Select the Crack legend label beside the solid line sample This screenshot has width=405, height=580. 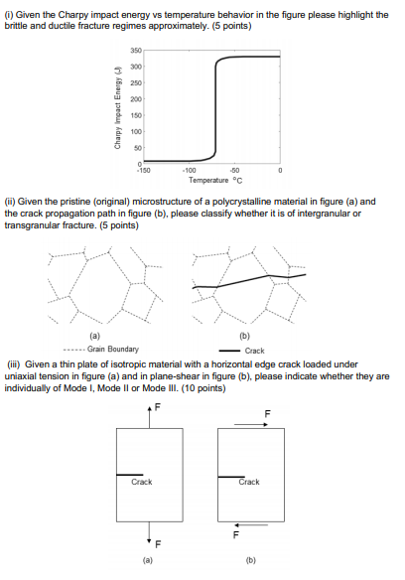[x=254, y=350]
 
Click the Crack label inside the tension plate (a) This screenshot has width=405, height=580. [x=142, y=482]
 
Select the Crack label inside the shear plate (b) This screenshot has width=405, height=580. [x=249, y=482]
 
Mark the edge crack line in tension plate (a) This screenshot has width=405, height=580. [x=129, y=474]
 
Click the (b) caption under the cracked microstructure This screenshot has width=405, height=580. [x=248, y=337]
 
